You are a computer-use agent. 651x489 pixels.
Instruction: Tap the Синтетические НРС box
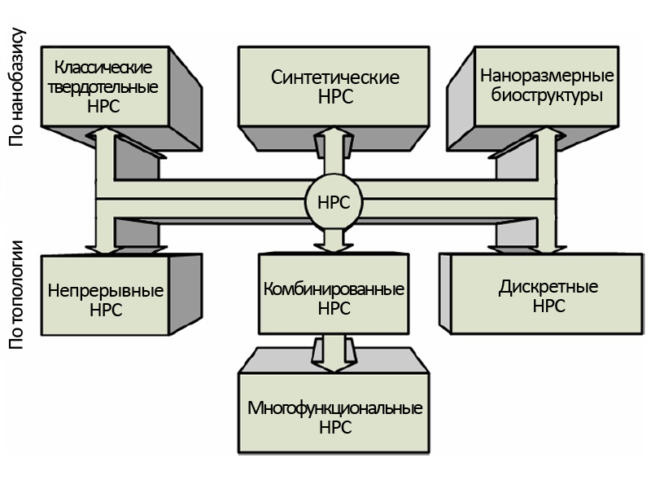pyautogui.click(x=334, y=86)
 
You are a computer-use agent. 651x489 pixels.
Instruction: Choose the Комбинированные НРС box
pyautogui.click(x=334, y=298)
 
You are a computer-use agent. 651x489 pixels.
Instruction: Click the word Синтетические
pyautogui.click(x=334, y=78)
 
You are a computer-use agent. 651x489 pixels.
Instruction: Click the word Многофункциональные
pyautogui.click(x=334, y=408)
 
